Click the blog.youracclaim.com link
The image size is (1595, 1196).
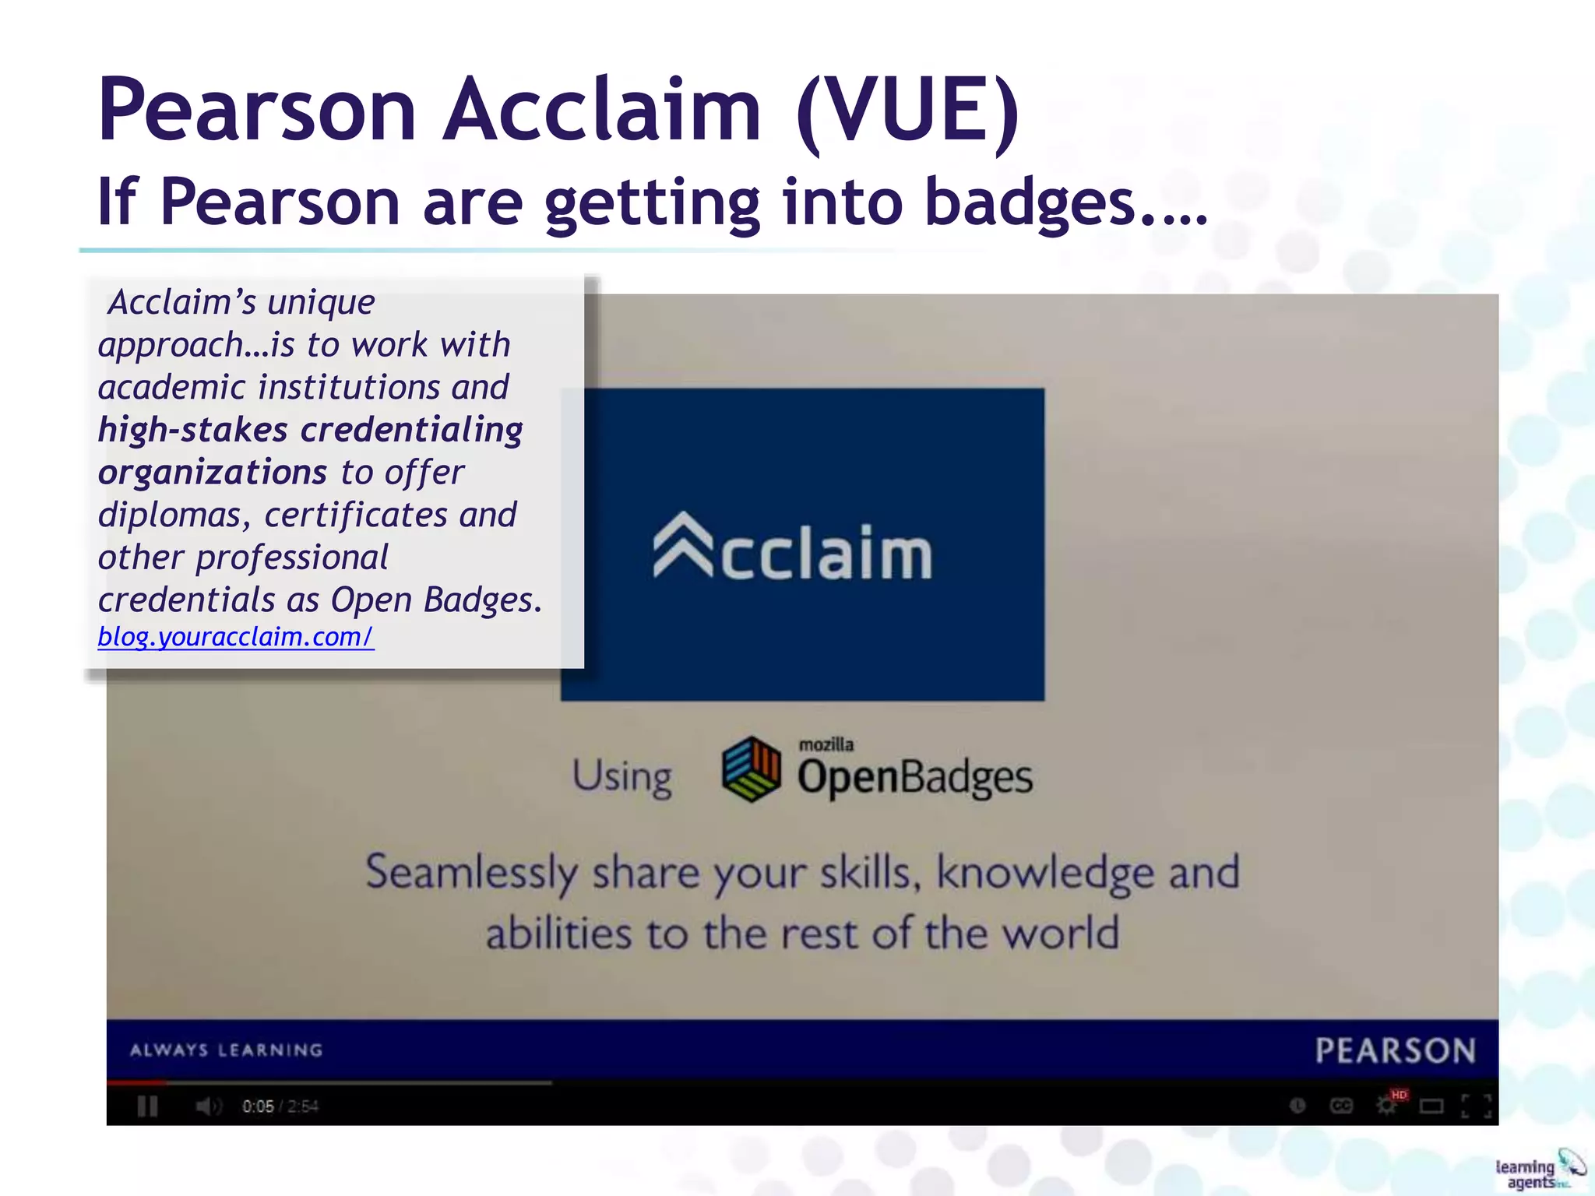click(x=235, y=637)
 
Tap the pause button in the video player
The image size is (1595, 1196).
click(x=147, y=1106)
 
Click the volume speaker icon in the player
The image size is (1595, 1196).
click(x=208, y=1106)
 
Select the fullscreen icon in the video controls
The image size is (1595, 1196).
click(x=1476, y=1106)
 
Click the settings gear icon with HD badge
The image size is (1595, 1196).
click(x=1388, y=1104)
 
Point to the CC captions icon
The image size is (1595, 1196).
click(x=1341, y=1106)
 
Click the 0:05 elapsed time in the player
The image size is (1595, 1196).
click(x=258, y=1106)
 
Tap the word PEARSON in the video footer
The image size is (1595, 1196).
click(x=1395, y=1050)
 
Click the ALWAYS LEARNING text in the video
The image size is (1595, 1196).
click(x=226, y=1050)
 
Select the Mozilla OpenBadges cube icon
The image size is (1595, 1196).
click(x=751, y=769)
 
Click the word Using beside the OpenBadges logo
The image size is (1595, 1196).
click(x=622, y=776)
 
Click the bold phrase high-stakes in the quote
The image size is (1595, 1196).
click(x=192, y=430)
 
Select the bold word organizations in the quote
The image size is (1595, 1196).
click(x=212, y=473)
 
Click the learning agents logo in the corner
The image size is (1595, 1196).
click(x=1537, y=1172)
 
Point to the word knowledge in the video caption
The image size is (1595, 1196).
click(x=1045, y=872)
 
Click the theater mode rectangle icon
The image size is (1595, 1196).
click(x=1431, y=1106)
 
